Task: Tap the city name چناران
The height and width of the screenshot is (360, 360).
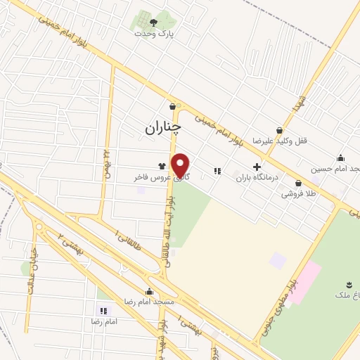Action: click(x=162, y=127)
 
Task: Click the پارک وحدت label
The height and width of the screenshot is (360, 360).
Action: click(x=155, y=32)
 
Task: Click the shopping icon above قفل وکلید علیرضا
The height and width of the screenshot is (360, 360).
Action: click(x=279, y=130)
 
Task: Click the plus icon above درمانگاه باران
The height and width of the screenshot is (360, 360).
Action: click(x=257, y=167)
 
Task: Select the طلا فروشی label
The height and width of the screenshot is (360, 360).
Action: click(x=299, y=193)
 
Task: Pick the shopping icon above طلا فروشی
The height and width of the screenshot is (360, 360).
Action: click(x=299, y=183)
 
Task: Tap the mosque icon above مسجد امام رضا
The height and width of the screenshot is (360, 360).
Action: click(x=149, y=292)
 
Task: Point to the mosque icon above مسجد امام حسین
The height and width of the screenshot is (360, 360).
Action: click(x=341, y=157)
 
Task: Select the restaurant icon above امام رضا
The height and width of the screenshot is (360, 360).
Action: click(x=103, y=310)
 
